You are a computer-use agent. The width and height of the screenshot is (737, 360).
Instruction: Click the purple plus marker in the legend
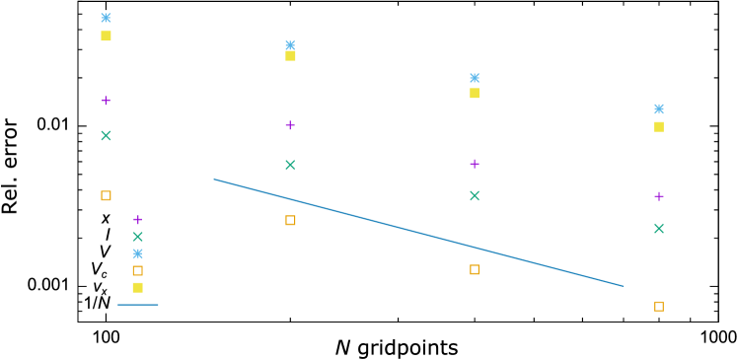point(138,220)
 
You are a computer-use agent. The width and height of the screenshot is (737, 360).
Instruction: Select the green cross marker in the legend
point(138,237)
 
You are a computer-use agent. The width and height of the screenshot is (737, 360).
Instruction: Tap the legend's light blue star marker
point(138,253)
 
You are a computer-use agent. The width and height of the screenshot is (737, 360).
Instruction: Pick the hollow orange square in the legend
point(138,270)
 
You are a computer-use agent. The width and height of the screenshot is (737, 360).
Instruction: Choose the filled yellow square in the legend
point(138,288)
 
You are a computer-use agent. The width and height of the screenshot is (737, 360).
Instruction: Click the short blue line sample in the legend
point(138,305)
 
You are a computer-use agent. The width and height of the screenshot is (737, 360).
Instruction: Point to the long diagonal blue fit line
point(418,233)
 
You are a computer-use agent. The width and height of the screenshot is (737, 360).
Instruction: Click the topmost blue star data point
point(106,18)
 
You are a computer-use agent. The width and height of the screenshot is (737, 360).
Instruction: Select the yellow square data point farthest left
point(106,36)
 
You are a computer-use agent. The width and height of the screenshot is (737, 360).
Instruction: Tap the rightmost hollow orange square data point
point(659,307)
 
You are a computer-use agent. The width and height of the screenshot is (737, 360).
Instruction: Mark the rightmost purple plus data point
point(659,196)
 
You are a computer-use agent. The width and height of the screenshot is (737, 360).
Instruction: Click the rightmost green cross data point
point(659,228)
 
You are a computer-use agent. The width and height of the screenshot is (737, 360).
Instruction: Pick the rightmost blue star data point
point(659,109)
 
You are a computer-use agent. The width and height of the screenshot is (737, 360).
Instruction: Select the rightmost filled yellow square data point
point(659,126)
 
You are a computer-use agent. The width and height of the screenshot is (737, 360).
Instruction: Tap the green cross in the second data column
point(290,165)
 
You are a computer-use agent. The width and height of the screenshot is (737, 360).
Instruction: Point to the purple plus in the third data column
point(475,164)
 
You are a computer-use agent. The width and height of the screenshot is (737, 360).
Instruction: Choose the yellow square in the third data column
point(475,94)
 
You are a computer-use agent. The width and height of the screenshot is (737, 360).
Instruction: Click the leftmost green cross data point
point(106,135)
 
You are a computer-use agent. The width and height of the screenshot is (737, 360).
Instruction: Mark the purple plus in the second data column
point(290,125)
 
